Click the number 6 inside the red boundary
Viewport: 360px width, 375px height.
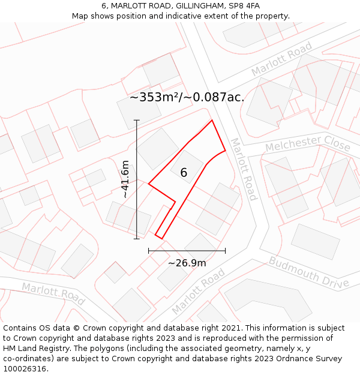[184, 173]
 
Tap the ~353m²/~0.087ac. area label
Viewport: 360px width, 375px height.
[187, 97]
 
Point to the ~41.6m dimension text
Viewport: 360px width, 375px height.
[125, 179]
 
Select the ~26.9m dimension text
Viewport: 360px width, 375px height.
[187, 263]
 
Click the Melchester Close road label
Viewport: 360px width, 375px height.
[308, 143]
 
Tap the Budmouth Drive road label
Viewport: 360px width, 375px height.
[308, 272]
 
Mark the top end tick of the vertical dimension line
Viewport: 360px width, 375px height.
[137, 121]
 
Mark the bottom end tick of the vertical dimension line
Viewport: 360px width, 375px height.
[137, 238]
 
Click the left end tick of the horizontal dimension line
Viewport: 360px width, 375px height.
[149, 250]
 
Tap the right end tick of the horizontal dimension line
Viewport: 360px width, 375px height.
[225, 250]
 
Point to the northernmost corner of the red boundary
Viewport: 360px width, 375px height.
[212, 121]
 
